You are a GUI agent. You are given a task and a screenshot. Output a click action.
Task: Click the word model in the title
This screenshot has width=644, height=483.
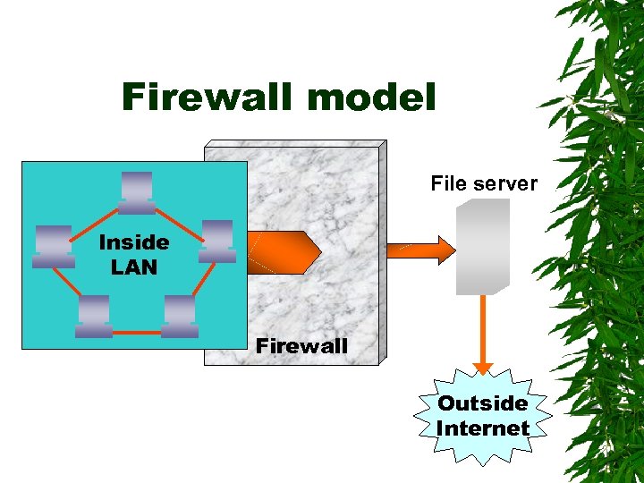[x=376, y=97]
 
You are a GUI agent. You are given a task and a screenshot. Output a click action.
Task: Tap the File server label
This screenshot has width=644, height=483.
[x=483, y=184]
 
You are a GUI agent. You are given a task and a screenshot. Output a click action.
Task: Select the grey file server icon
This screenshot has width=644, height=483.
[x=482, y=247]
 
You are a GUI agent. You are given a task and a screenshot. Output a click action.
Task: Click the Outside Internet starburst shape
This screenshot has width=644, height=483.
[x=483, y=416]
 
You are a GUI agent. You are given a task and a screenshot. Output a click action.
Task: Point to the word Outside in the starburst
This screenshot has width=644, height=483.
[x=483, y=403]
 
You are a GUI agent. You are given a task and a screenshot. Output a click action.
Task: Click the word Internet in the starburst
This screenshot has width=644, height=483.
[x=483, y=428]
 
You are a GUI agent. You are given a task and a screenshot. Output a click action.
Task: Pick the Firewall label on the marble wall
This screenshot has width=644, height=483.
[x=301, y=345]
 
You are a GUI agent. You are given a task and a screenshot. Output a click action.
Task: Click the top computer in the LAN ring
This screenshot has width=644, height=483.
[x=136, y=192]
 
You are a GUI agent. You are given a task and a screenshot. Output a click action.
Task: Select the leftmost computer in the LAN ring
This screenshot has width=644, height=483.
[x=53, y=247]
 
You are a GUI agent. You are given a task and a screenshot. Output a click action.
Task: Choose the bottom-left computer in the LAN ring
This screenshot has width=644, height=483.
[x=93, y=316]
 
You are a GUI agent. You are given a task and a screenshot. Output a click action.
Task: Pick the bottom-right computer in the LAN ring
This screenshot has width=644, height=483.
[x=180, y=316]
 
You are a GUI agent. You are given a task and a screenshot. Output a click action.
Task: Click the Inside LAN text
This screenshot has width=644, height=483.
[x=133, y=254]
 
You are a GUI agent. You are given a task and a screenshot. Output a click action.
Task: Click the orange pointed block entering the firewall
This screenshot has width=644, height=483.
[x=283, y=251]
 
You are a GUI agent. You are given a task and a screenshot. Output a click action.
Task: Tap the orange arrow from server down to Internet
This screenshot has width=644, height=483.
[x=483, y=331]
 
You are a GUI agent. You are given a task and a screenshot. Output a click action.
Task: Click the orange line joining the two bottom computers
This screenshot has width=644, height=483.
[x=136, y=332]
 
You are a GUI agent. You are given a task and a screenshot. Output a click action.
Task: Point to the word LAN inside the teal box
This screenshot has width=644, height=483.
[x=133, y=267]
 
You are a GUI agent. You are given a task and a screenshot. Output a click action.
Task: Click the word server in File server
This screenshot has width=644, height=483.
[x=508, y=184]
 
